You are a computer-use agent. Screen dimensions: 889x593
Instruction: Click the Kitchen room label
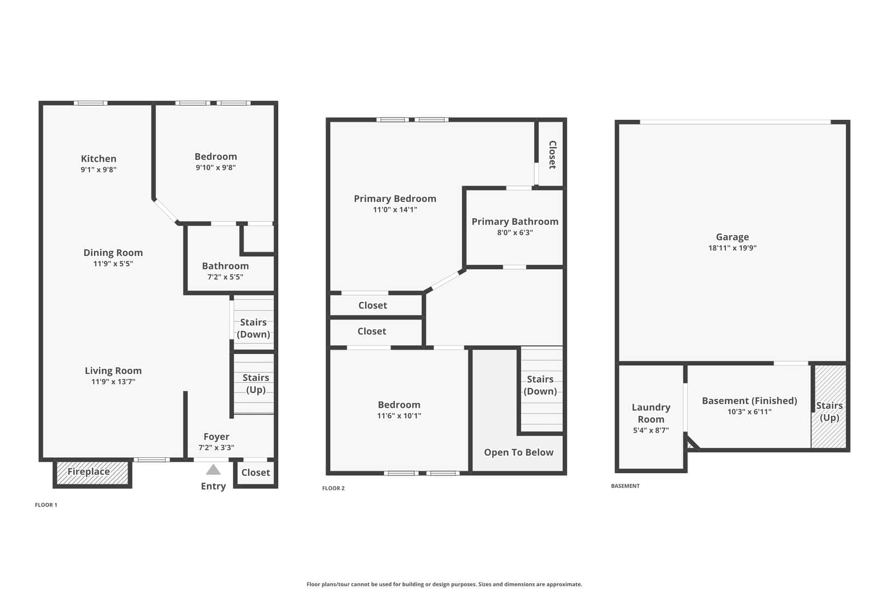click(98, 159)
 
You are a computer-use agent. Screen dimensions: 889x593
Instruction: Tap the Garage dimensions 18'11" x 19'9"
click(732, 248)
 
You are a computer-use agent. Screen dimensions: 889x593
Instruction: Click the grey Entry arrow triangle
click(213, 469)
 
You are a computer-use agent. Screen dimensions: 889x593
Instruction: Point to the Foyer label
click(216, 437)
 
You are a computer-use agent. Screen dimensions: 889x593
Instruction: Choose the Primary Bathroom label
click(515, 221)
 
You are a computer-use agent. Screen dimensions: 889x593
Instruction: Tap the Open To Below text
click(519, 452)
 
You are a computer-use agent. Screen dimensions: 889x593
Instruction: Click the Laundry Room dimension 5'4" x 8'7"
click(651, 430)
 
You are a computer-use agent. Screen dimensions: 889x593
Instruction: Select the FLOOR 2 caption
click(334, 488)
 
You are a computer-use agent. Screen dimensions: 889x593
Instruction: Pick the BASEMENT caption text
click(625, 486)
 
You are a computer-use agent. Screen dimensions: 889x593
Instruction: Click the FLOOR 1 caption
click(46, 505)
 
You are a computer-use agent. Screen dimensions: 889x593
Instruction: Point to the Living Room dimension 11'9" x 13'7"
click(113, 382)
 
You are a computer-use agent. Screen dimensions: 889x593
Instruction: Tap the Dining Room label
click(113, 253)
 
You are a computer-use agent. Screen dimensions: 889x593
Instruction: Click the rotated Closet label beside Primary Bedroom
click(552, 155)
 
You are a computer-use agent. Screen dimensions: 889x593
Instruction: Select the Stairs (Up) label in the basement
click(829, 411)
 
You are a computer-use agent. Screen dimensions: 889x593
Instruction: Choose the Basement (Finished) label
click(749, 401)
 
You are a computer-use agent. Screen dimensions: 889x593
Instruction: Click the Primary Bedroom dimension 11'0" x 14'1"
click(395, 210)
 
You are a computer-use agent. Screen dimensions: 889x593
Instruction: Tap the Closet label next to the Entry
click(256, 472)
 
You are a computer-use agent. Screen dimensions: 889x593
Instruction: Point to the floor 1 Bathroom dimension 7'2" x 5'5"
click(225, 277)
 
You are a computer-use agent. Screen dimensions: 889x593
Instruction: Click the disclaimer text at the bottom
click(444, 584)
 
